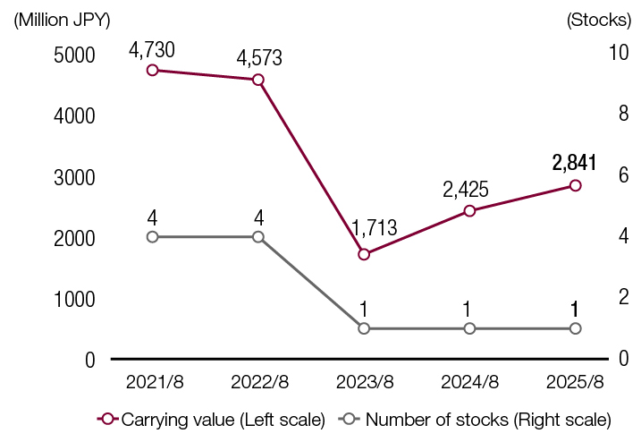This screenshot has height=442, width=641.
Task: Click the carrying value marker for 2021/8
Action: click(x=153, y=70)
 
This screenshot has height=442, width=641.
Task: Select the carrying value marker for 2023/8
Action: click(x=364, y=254)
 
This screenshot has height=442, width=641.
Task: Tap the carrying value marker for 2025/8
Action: click(x=575, y=185)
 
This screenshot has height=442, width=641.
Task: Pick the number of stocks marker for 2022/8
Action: click(x=258, y=236)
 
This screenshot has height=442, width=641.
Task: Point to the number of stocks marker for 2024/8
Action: click(x=469, y=328)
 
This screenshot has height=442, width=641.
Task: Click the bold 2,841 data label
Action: click(x=574, y=162)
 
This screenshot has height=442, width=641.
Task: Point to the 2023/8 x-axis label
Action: click(x=365, y=381)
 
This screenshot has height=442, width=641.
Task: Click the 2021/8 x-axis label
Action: click(x=154, y=381)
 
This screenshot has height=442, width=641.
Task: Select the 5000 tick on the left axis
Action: click(x=73, y=55)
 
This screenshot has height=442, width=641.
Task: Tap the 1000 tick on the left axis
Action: click(x=73, y=299)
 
